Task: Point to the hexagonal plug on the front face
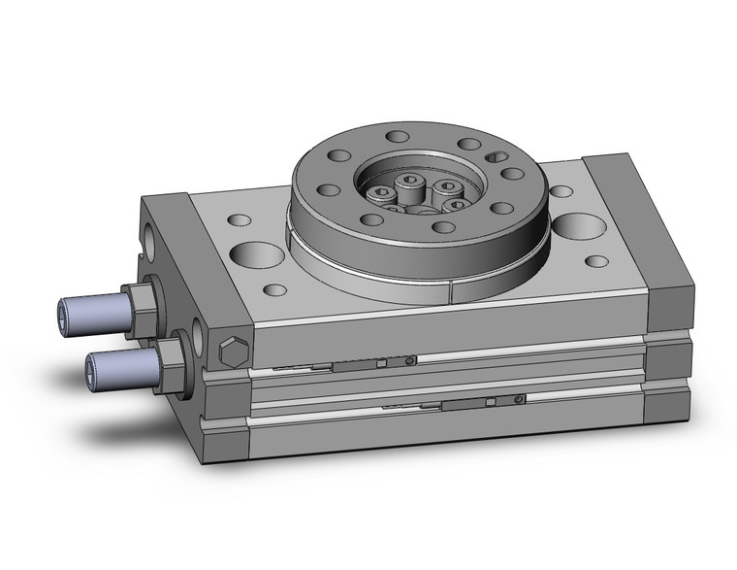click(x=233, y=352)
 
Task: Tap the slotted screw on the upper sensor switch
click(x=413, y=361)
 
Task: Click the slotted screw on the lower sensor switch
click(x=521, y=398)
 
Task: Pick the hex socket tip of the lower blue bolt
click(x=93, y=366)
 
